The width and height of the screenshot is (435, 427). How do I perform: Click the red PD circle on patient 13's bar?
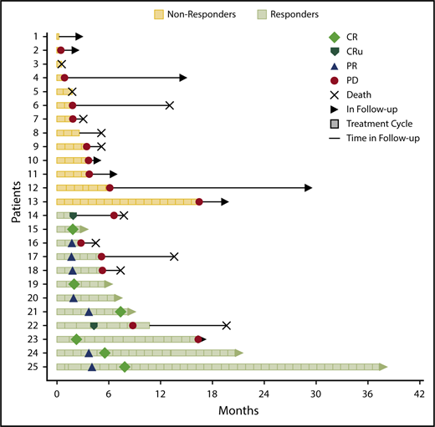pos(199,201)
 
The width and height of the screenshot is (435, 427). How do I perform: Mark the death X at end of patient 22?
pos(227,325)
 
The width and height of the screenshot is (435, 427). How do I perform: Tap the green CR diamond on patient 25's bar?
pos(125,367)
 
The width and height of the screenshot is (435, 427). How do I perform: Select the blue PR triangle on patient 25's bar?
pos(92,367)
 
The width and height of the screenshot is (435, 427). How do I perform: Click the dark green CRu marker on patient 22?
pos(94,325)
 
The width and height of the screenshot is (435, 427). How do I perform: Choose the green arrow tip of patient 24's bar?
pos(240,353)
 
